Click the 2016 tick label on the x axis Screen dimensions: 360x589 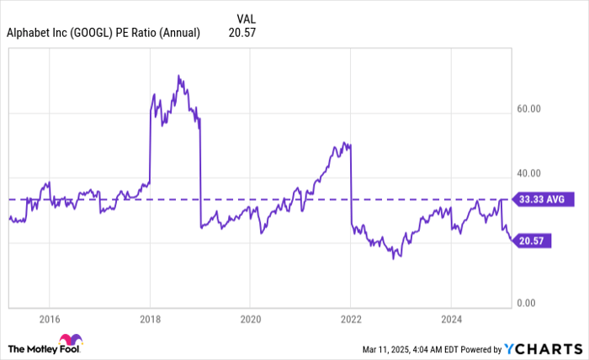click(49, 320)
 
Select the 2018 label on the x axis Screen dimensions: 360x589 click(150, 320)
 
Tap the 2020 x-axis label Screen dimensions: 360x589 click(250, 320)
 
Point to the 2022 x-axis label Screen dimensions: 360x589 click(351, 320)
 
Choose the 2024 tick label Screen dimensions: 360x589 click(451, 320)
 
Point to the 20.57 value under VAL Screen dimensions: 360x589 click(241, 34)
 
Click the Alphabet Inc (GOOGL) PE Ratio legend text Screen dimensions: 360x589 click(103, 34)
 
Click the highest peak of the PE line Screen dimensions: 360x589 click(178, 76)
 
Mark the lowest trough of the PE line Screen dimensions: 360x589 click(393, 258)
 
